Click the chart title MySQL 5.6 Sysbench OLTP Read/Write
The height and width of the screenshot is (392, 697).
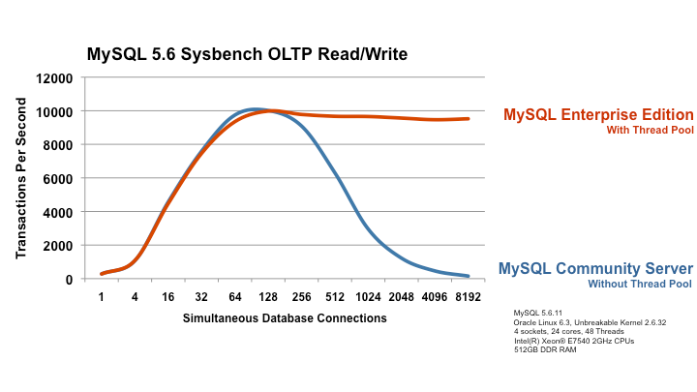click(247, 54)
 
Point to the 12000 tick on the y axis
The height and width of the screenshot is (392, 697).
click(54, 78)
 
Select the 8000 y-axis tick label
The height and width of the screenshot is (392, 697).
click(57, 145)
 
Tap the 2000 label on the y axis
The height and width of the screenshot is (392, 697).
click(57, 246)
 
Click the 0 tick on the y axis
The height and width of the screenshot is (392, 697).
click(69, 280)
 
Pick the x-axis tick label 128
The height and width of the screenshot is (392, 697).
click(268, 297)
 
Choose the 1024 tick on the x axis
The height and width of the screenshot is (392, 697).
click(368, 297)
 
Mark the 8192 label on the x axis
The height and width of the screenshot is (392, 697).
click(469, 297)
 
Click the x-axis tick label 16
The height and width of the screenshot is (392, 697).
click(168, 297)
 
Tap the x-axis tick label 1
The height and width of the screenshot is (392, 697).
click(102, 297)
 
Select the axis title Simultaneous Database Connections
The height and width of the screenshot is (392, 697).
click(285, 318)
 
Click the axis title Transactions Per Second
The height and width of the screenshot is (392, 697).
click(21, 178)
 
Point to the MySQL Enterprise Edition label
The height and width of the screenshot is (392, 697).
click(598, 114)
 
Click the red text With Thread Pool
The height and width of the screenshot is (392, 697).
click(650, 131)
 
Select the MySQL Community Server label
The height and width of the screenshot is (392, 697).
click(595, 268)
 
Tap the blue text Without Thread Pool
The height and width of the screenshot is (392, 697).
click(640, 284)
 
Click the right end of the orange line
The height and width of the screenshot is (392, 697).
click(469, 119)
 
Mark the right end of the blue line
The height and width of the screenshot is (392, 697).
click(469, 276)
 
